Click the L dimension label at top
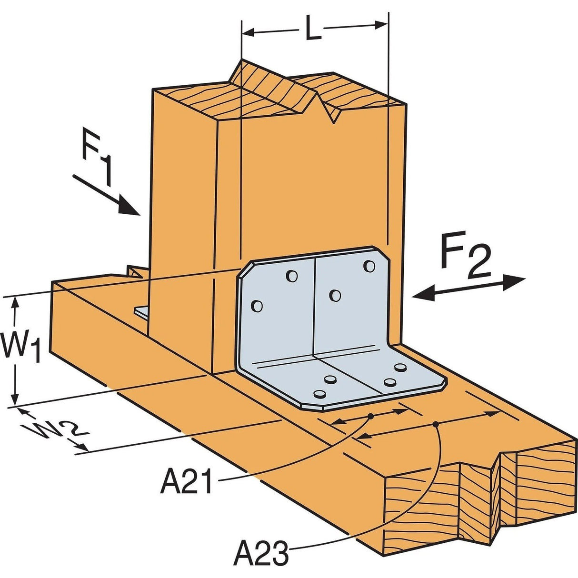tap(312, 30)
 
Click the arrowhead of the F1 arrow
tap(130, 208)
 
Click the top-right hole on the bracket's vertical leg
tap(369, 266)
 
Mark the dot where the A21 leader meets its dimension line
tap(370, 417)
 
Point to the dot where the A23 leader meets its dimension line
tap(436, 424)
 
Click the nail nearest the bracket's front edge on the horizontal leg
tap(319, 394)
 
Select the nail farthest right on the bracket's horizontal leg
tap(401, 368)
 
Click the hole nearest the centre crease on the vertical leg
tap(336, 296)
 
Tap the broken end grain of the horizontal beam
tap(481, 500)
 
